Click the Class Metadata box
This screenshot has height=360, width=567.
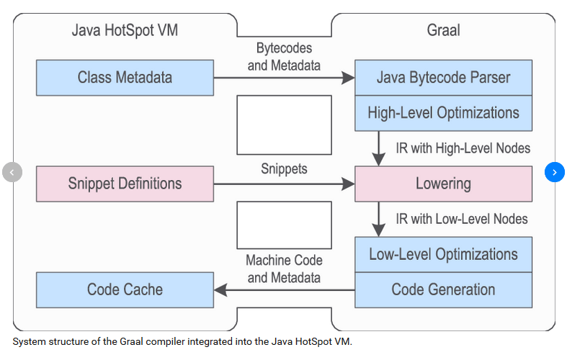tap(125, 78)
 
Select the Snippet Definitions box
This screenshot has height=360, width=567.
tap(125, 184)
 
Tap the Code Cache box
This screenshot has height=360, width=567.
tap(125, 290)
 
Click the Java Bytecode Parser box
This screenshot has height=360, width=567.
tap(443, 78)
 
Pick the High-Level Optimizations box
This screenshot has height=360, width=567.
tap(443, 113)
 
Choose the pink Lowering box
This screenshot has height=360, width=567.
tap(443, 184)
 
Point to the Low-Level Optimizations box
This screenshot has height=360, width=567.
tap(443, 254)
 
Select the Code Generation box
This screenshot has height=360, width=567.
tap(443, 290)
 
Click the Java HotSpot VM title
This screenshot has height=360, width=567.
tap(125, 30)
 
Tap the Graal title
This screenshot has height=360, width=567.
tap(443, 30)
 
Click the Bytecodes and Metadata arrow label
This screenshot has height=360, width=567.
tap(284, 57)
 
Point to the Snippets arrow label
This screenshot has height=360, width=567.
tap(284, 168)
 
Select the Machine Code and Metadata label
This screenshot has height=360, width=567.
tap(284, 269)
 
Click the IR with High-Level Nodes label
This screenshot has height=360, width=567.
tap(463, 148)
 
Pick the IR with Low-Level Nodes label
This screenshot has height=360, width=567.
tap(462, 219)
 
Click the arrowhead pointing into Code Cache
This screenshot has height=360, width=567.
tap(220, 290)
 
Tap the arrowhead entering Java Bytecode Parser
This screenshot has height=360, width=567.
tap(348, 78)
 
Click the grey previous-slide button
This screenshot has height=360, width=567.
tap(12, 172)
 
